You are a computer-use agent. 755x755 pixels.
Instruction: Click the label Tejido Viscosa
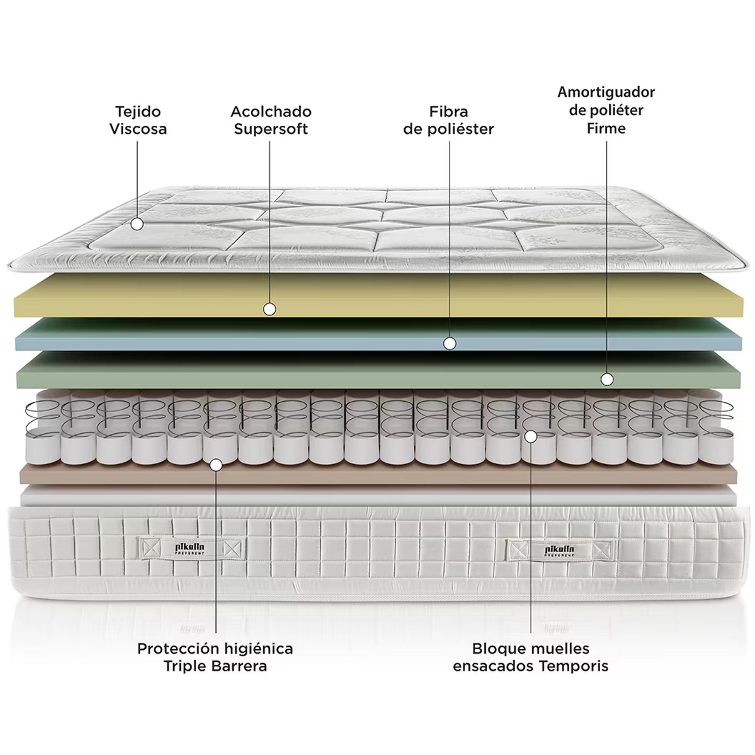(138, 120)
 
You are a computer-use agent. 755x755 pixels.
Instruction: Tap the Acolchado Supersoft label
(271, 120)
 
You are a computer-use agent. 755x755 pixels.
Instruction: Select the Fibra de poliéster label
(448, 120)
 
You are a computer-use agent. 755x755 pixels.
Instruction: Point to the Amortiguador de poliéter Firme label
(606, 110)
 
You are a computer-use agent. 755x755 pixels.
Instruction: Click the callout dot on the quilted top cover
(137, 224)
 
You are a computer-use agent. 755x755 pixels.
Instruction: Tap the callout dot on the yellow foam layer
(270, 310)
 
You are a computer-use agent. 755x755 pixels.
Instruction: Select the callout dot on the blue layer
(450, 344)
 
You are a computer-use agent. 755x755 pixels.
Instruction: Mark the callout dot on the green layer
(607, 379)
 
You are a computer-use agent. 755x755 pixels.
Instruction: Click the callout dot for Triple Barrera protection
(216, 465)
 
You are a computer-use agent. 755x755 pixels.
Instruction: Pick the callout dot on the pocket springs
(530, 436)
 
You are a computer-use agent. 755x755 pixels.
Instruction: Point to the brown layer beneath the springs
(378, 474)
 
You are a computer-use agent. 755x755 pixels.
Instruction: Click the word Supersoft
(271, 129)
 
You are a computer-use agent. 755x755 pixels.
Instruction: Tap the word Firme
(606, 128)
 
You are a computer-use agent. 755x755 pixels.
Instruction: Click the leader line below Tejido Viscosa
(137, 179)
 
